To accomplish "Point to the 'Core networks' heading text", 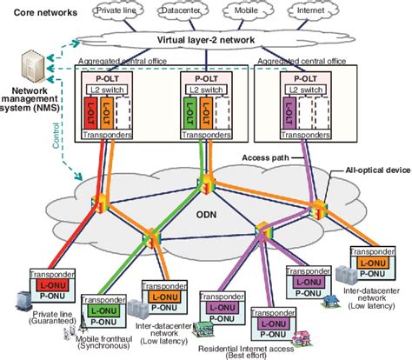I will point(42,13).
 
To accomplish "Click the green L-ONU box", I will point(106,310).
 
